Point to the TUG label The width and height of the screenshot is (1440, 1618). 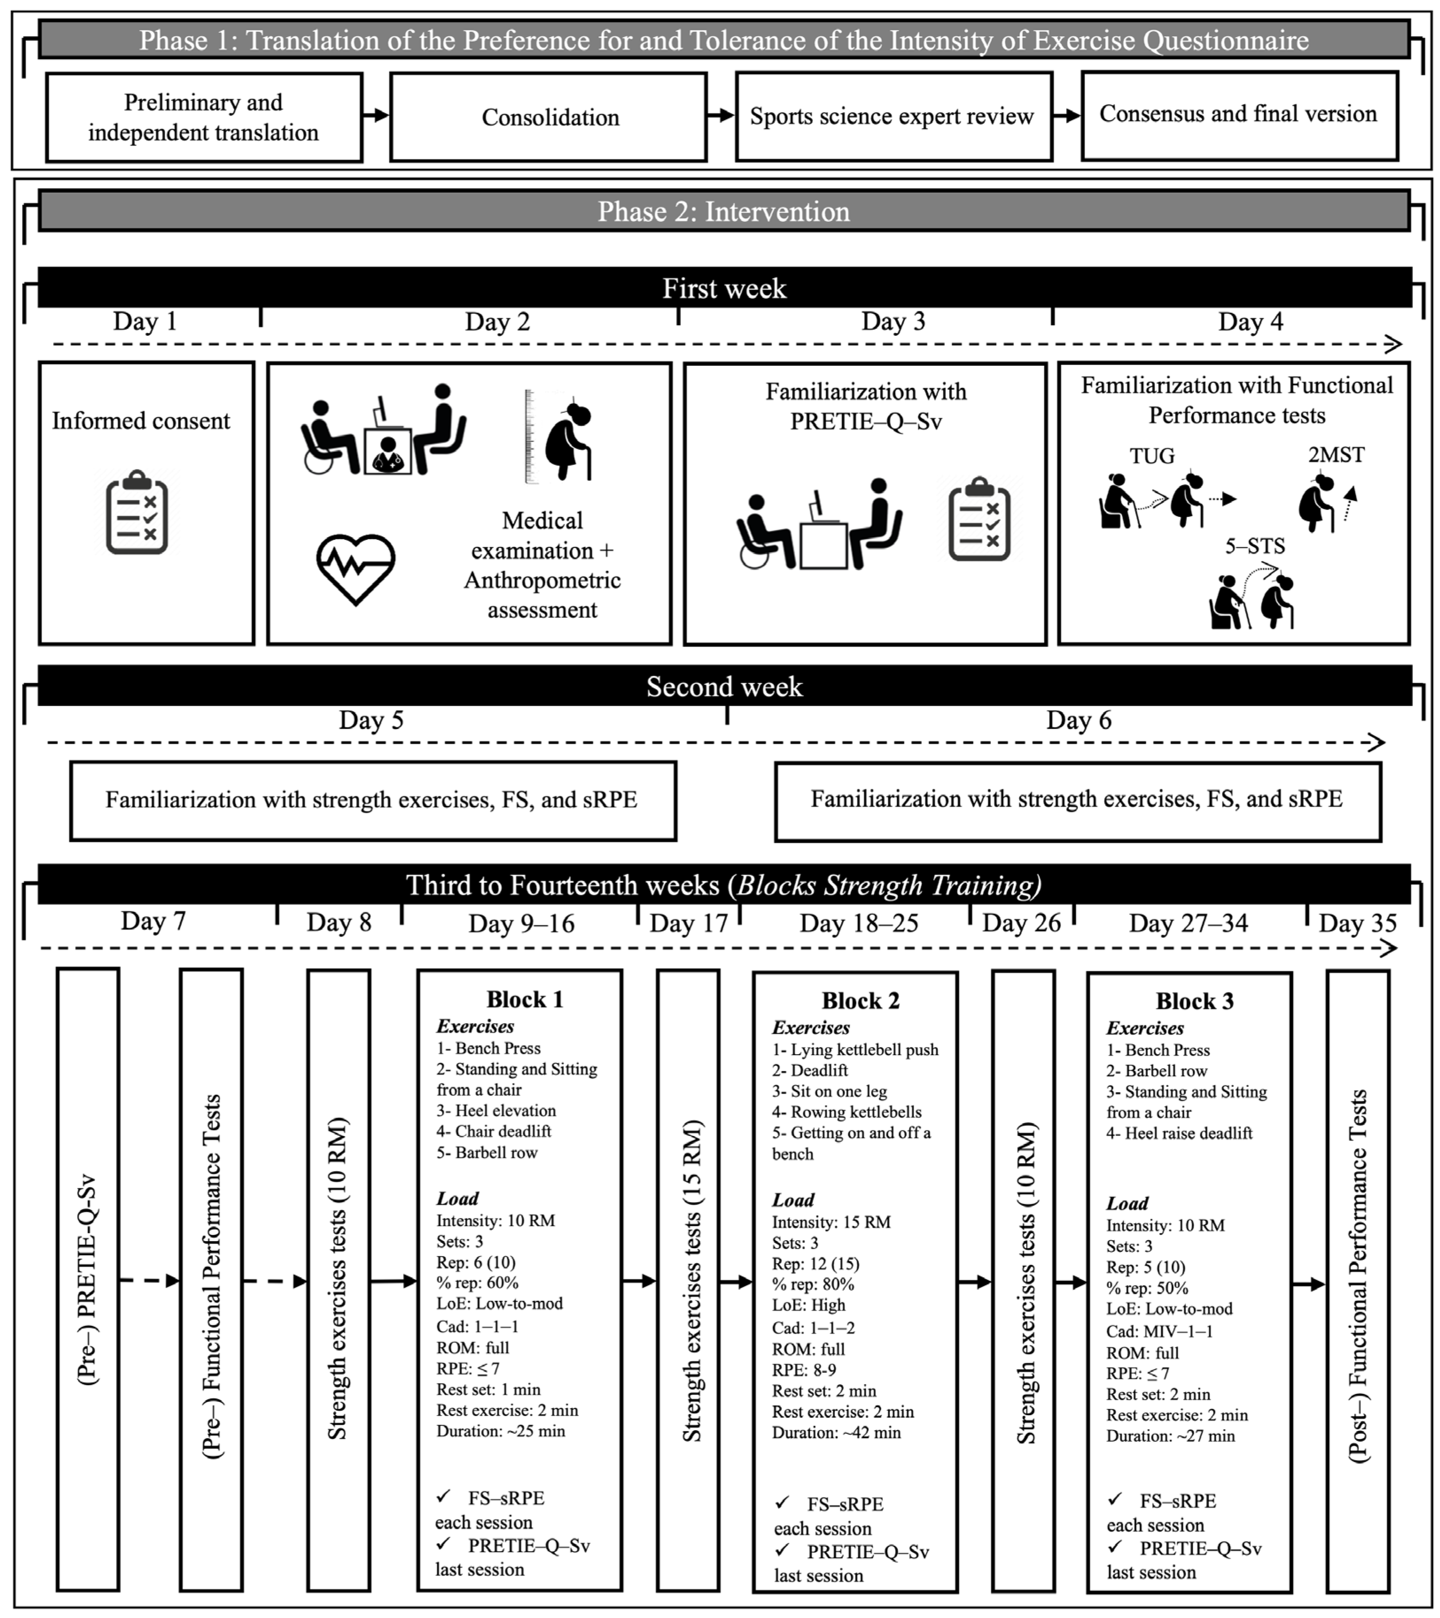coord(1152,456)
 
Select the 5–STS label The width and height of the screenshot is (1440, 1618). coord(1255,545)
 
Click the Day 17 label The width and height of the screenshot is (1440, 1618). coord(688,923)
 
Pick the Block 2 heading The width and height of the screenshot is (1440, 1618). coord(861,1001)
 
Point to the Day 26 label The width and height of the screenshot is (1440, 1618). coord(1021,923)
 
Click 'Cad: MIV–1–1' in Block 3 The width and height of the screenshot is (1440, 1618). coord(1159,1331)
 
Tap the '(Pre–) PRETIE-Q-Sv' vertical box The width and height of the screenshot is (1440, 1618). coord(88,1280)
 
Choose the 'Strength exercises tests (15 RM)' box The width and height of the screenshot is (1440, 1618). coord(688,1280)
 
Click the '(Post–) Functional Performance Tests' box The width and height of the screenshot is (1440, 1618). coord(1358,1280)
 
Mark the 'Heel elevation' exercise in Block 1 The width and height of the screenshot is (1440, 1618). coord(497,1110)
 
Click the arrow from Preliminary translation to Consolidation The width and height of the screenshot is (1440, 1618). coord(376,116)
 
